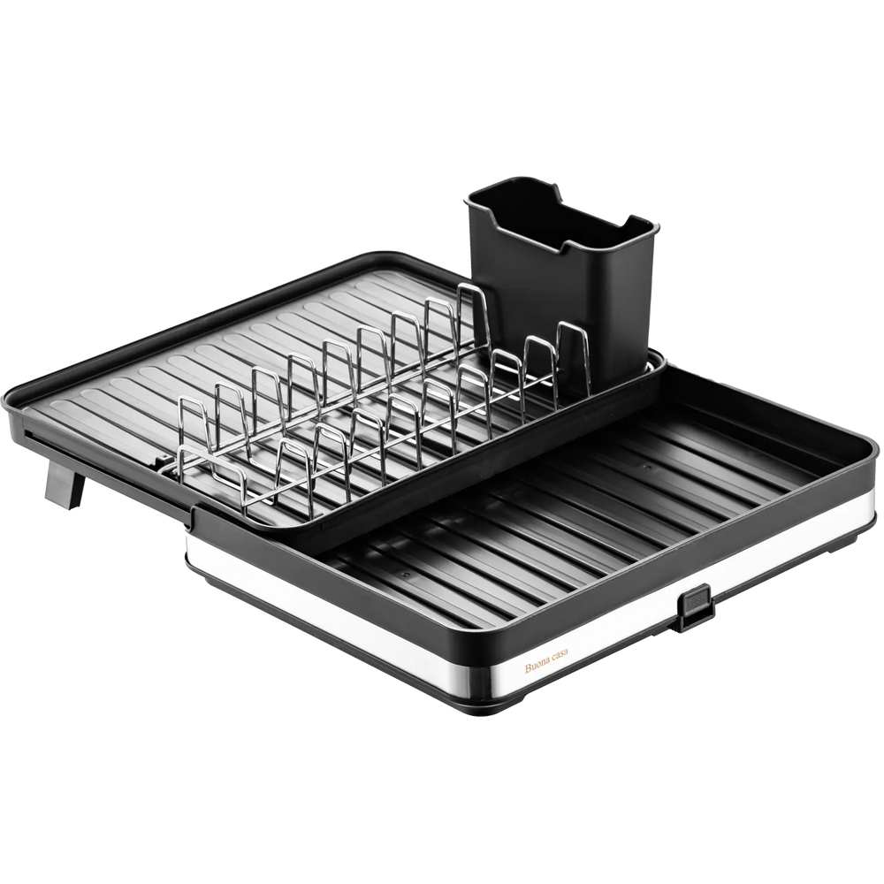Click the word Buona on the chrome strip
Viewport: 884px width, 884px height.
[537, 667]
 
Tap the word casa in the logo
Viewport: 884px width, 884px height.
[560, 656]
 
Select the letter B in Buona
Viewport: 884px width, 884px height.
[529, 669]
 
